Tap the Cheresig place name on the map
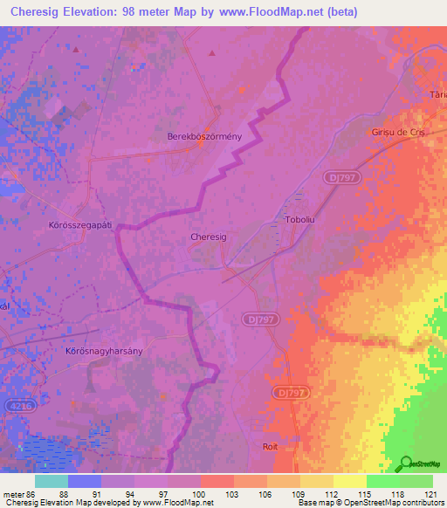tap(208, 237)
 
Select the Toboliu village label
tap(299, 221)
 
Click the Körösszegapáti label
tap(79, 224)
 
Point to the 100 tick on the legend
tap(200, 493)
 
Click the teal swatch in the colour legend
tap(52, 481)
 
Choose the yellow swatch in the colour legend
tap(350, 481)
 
